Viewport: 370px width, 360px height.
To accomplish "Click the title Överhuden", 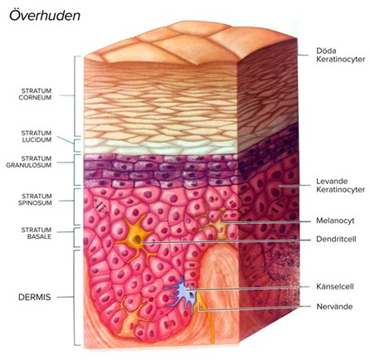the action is tap(45, 16).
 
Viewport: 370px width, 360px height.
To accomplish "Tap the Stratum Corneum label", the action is tap(35, 94).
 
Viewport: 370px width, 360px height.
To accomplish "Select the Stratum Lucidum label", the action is tap(37, 136).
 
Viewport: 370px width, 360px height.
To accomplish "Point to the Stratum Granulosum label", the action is tap(29, 162).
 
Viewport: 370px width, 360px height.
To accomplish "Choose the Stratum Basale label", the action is tap(37, 233).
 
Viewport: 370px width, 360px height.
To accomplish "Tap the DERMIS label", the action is tap(35, 297).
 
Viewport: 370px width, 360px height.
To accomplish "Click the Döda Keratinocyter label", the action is tap(341, 55).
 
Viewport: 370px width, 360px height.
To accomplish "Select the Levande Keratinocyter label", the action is tap(341, 186).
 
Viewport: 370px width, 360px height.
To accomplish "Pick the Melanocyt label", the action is tap(335, 221).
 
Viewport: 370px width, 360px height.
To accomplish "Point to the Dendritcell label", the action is tap(336, 239).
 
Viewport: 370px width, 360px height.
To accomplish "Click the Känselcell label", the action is tap(335, 286).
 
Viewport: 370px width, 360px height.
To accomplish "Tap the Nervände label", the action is tap(334, 306).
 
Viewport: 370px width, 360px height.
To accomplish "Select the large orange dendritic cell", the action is tap(136, 240).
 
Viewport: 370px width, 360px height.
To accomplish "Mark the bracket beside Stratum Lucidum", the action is tap(75, 145).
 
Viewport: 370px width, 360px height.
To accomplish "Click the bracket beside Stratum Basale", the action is tap(75, 237).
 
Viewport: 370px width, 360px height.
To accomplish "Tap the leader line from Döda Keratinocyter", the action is tap(303, 55).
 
